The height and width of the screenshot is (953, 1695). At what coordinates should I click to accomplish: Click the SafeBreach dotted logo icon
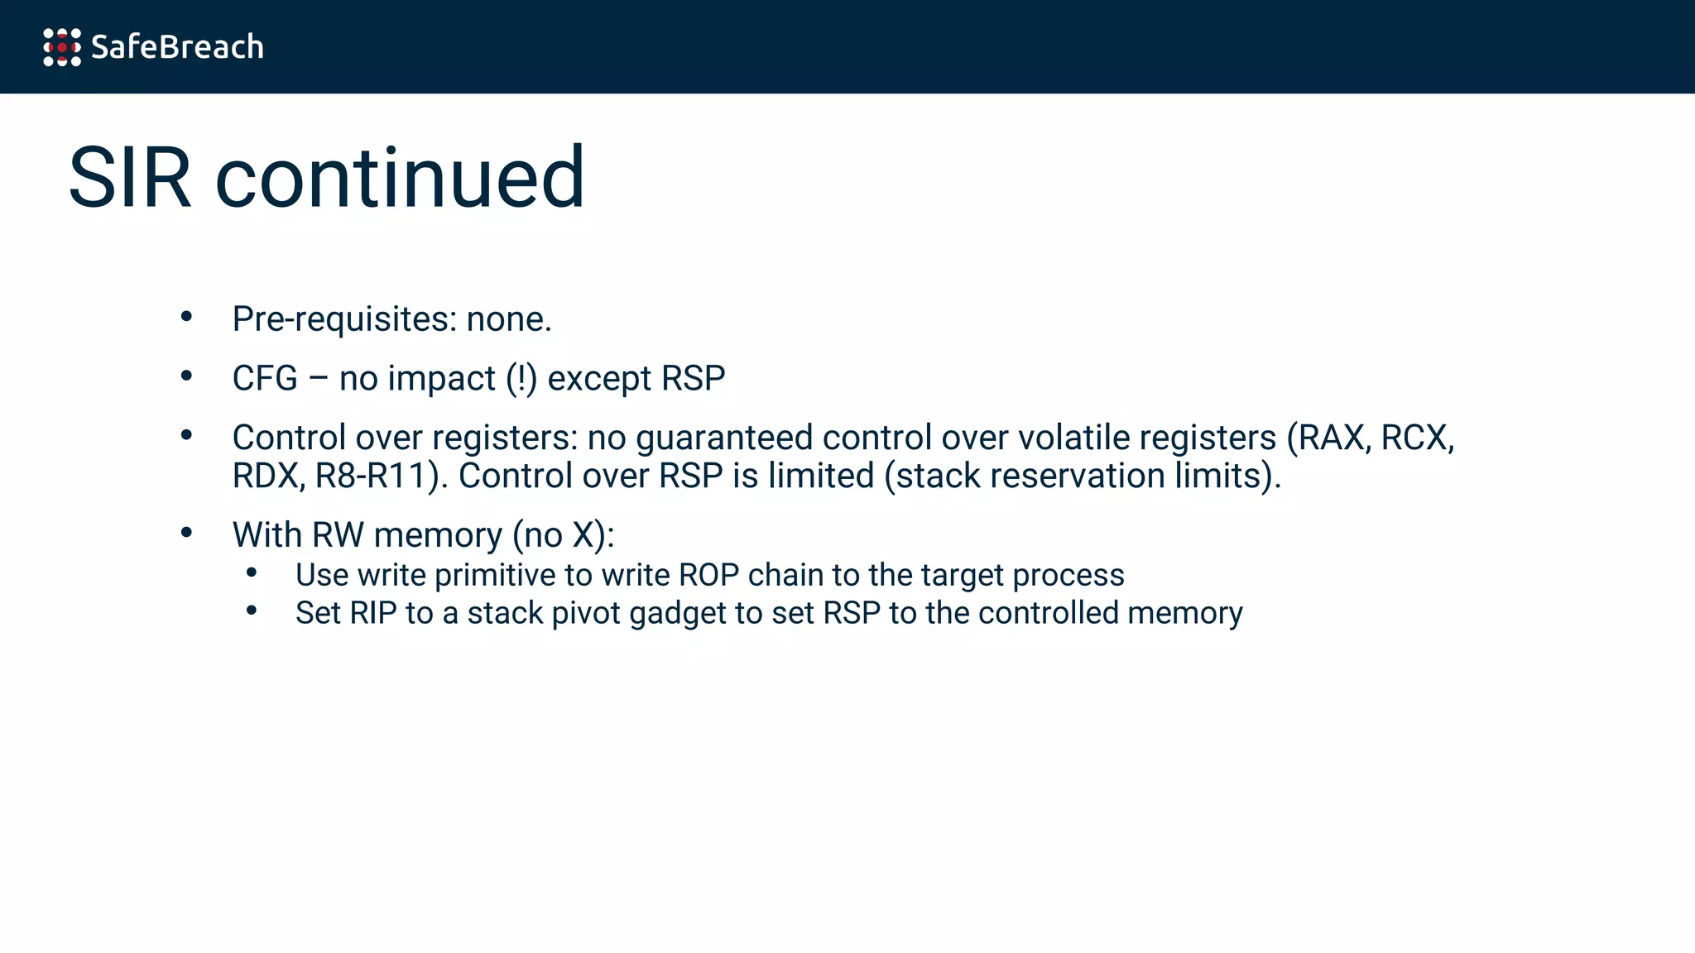(62, 47)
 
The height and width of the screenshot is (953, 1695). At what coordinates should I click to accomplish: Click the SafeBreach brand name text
(177, 47)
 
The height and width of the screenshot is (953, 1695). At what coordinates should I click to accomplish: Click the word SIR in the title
(130, 178)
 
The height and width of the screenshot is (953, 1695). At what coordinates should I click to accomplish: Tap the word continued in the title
(400, 178)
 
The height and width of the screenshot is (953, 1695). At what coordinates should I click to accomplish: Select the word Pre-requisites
(343, 319)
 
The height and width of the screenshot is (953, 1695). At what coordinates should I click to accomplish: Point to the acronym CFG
(265, 379)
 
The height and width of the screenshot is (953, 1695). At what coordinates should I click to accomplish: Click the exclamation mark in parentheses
(521, 379)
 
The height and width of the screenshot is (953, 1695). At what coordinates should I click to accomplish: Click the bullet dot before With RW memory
(186, 533)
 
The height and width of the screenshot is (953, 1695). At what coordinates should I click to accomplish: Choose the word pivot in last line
(585, 613)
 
